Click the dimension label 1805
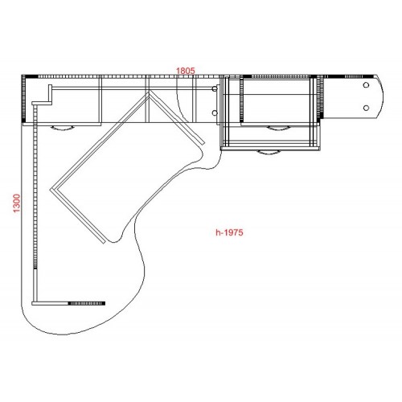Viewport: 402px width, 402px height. coord(186,71)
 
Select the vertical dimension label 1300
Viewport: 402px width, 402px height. coord(17,203)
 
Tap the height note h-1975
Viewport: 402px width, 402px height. coord(229,232)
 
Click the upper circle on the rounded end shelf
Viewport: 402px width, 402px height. coord(366,85)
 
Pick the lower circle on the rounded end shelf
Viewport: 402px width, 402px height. coord(366,108)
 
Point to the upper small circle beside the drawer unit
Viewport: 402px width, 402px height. coord(215,88)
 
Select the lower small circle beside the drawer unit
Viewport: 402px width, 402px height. coord(215,113)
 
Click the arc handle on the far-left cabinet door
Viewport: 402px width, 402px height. coord(62,128)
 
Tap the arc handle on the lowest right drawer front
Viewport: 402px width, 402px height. coord(269,153)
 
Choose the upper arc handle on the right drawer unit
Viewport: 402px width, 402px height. coord(279,128)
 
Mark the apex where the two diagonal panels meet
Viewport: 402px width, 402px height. coord(149,92)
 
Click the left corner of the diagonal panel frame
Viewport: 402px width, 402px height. coord(51,190)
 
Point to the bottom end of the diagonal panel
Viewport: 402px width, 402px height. coord(104,242)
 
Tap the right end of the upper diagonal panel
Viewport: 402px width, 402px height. coord(203,143)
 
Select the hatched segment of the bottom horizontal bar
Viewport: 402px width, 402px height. coord(86,303)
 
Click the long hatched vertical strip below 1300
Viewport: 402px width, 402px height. coord(35,187)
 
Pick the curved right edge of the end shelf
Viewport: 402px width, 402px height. coord(381,96)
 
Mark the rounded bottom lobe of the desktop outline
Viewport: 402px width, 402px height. coord(80,330)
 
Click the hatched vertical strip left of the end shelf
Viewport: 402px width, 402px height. coord(321,97)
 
